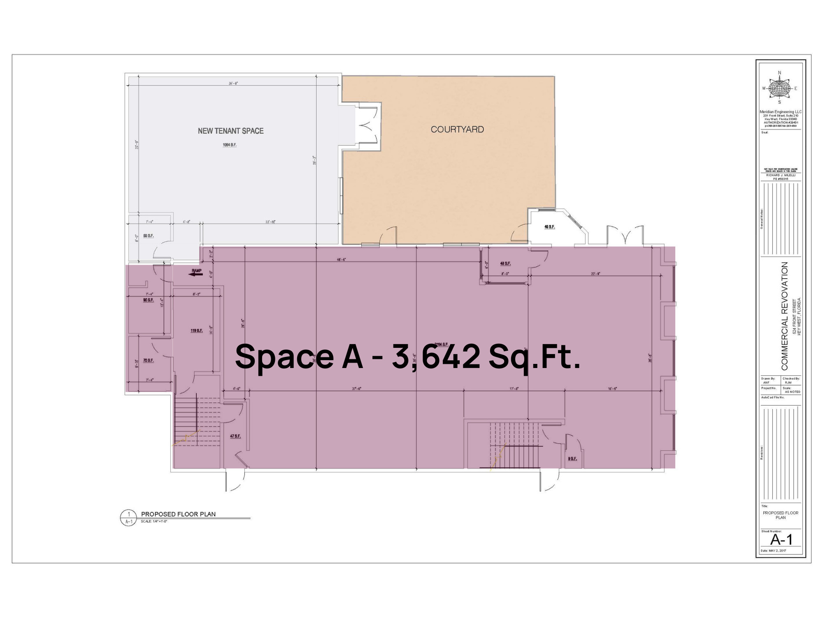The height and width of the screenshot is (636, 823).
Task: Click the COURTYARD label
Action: (x=457, y=129)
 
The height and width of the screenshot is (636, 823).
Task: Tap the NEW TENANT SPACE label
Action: (x=230, y=131)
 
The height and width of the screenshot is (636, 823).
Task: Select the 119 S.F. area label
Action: (x=196, y=331)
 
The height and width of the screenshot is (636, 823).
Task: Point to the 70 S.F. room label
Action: (x=148, y=361)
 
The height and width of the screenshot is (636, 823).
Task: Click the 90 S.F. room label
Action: (x=148, y=300)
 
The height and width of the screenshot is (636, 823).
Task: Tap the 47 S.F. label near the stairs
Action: (x=235, y=436)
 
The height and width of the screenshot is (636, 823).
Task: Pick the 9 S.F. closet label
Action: (x=572, y=459)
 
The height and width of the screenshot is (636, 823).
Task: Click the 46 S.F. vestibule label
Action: (x=549, y=227)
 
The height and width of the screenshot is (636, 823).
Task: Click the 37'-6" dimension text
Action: (x=356, y=389)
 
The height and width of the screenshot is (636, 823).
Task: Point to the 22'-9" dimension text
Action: (x=595, y=274)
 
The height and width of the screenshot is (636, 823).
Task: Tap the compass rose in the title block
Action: (x=779, y=88)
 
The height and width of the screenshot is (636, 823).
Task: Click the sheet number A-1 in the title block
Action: (x=781, y=539)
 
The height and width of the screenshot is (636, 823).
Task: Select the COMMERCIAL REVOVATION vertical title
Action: (x=784, y=316)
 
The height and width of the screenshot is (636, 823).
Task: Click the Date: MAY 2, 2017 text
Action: (x=773, y=551)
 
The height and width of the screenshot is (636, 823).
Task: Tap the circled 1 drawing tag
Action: (x=129, y=514)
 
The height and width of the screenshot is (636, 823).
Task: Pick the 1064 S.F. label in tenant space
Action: (x=229, y=145)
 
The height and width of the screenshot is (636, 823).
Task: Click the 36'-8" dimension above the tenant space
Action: (x=233, y=84)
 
